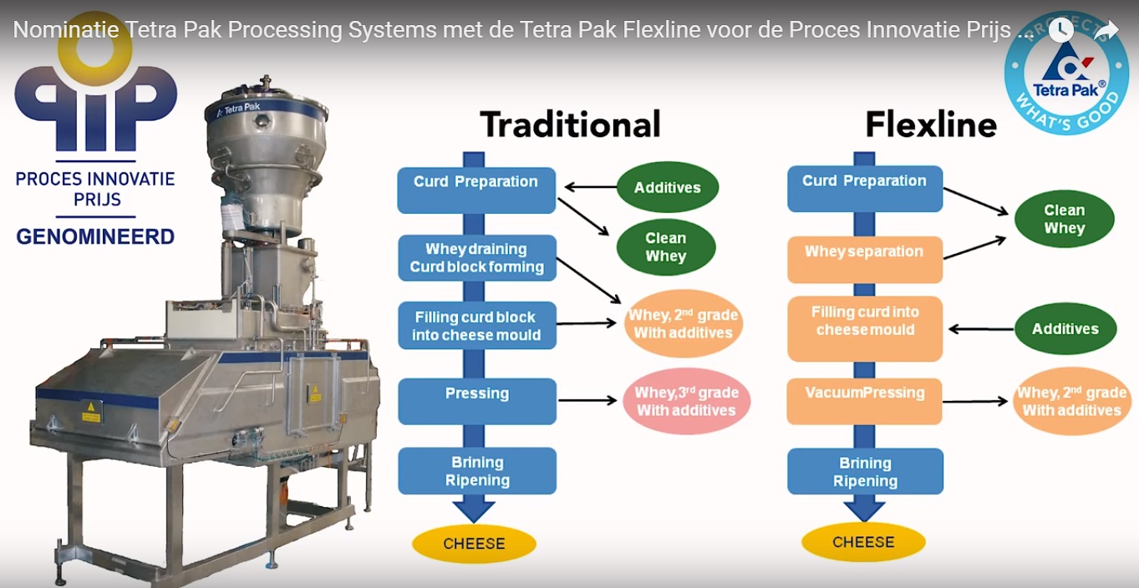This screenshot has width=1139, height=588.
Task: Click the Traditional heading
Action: click(570, 124)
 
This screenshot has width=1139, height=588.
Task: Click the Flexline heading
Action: click(930, 125)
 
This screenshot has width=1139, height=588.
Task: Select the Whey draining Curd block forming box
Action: click(476, 258)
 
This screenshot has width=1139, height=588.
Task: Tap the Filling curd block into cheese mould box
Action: click(476, 326)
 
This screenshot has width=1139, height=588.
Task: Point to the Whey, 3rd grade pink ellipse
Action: click(686, 401)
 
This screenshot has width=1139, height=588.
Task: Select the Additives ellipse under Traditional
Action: click(667, 188)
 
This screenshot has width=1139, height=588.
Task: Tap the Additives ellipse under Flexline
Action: click(1065, 329)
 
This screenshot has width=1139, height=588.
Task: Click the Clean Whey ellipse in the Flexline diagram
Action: click(1064, 220)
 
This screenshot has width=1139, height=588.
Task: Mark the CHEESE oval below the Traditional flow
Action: click(474, 544)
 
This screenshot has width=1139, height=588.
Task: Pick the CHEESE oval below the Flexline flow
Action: click(863, 543)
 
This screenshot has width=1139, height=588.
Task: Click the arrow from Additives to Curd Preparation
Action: click(589, 187)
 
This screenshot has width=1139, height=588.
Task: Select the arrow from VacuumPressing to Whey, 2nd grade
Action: click(975, 402)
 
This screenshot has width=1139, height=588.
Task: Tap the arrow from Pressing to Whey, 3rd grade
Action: click(587, 401)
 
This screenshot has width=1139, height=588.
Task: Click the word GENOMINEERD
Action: click(95, 236)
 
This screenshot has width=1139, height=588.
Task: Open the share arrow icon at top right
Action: click(1106, 31)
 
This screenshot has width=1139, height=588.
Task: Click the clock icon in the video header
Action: click(1060, 30)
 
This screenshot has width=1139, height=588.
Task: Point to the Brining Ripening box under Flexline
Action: click(865, 472)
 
